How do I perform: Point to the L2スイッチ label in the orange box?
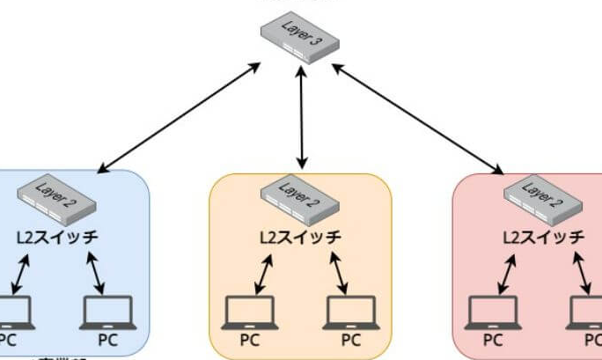(300, 238)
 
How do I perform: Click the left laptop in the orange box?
(250, 312)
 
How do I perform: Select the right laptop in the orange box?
(350, 312)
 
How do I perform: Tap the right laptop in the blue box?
(107, 312)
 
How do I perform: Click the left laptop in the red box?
(493, 312)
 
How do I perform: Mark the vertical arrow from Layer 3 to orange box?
(302, 119)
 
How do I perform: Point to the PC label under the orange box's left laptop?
(250, 340)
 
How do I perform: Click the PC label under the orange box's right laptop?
(350, 340)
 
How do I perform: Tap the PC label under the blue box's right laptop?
(107, 340)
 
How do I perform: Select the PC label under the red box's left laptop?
(493, 340)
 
